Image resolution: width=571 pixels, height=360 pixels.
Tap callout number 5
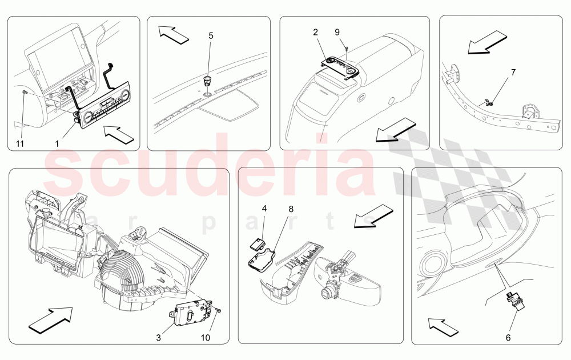211,35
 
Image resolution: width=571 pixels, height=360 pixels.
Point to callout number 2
315,32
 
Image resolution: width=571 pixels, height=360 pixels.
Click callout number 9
337,32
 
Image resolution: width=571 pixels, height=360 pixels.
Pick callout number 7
513,73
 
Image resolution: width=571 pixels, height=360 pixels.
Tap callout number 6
508,337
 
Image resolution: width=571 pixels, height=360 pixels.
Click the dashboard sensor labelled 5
207,79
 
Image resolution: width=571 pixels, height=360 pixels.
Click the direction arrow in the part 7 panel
487,43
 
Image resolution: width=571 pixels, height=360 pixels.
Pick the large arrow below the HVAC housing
50,318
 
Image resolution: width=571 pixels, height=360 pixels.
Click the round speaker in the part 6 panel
432,268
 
